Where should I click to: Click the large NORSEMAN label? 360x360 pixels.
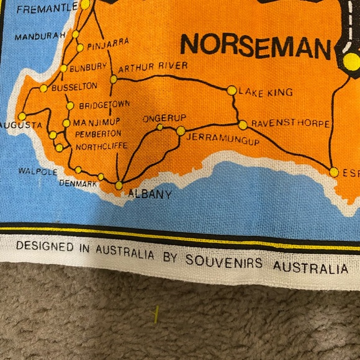[255, 45]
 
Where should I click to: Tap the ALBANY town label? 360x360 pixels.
[149, 194]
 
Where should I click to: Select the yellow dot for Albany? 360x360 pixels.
[119, 185]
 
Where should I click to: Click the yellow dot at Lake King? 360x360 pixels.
[232, 90]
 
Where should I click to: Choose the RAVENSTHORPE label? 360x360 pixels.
[290, 124]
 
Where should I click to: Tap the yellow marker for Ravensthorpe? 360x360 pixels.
[243, 125]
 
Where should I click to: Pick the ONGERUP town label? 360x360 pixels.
[161, 118]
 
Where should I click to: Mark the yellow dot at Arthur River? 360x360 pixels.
[114, 79]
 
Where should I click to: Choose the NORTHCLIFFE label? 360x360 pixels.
[101, 146]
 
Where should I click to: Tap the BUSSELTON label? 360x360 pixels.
[74, 87]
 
